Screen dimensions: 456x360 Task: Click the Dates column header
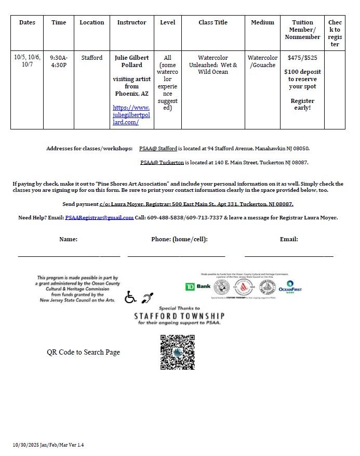[x=27, y=22]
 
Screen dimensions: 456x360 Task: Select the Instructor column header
[x=131, y=22]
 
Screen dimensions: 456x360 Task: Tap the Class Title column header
[x=213, y=22]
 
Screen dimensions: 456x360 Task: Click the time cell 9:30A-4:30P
[x=59, y=61]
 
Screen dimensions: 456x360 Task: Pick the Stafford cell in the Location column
[x=92, y=58]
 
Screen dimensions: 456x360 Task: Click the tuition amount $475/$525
[x=302, y=58]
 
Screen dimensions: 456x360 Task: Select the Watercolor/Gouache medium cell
[x=262, y=61]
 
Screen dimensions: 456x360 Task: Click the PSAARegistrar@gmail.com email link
[x=99, y=217]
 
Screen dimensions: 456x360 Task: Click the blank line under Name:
[x=69, y=254]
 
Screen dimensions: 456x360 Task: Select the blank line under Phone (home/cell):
[x=176, y=254]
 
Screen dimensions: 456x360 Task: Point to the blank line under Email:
[x=289, y=254]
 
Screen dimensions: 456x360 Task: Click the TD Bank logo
[x=197, y=286]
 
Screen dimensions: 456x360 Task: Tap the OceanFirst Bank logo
[x=290, y=287]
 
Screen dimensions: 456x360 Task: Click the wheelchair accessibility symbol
[x=130, y=297]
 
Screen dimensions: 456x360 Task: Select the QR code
[x=177, y=352]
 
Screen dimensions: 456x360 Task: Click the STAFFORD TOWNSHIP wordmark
[x=179, y=316]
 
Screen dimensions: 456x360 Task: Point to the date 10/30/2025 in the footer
[x=27, y=445]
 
